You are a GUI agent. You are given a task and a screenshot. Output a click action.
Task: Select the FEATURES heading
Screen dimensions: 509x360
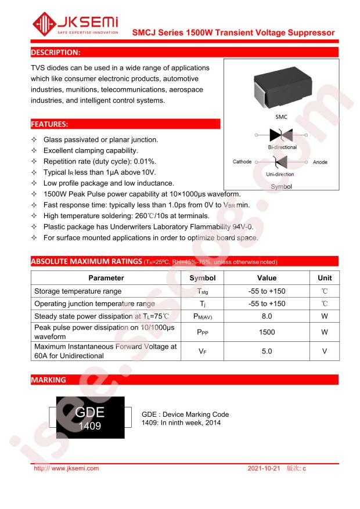click(x=50, y=124)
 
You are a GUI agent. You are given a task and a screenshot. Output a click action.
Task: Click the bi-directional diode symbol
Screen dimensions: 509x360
click(x=282, y=135)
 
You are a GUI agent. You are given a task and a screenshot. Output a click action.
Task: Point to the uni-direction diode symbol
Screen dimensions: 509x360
click(x=281, y=162)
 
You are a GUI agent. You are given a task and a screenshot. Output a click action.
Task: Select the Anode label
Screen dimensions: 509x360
click(x=320, y=162)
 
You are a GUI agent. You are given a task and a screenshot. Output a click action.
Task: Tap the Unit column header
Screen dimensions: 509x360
click(x=325, y=278)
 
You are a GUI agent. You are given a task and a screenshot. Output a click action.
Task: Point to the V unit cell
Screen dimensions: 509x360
click(x=325, y=351)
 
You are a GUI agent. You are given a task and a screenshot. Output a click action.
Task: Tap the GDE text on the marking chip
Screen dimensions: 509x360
click(x=91, y=413)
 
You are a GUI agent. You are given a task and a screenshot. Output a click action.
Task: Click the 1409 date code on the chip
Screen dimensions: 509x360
click(x=91, y=425)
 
